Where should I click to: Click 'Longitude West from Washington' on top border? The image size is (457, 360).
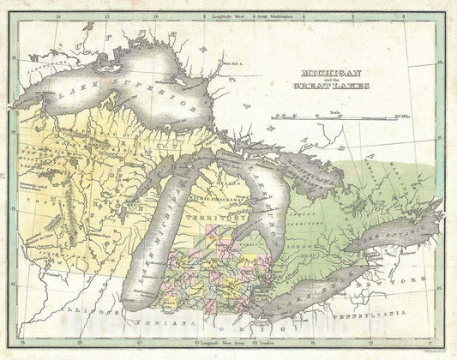pos(257,15)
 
